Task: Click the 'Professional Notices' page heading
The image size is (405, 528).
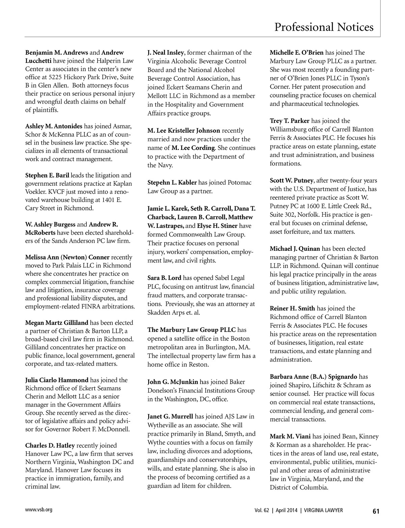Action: point(324,27)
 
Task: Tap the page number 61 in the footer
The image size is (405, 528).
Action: point(376,511)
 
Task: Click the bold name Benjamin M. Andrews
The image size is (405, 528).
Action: point(57,53)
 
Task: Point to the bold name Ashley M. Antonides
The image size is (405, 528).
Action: point(54,126)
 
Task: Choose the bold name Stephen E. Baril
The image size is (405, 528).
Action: point(47,176)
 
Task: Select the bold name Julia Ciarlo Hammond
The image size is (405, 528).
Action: point(57,380)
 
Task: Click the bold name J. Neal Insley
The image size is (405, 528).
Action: point(166,53)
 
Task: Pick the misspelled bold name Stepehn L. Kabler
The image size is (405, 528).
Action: point(172,183)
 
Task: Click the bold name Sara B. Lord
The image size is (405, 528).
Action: point(164,278)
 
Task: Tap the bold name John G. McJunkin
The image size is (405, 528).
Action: point(173,382)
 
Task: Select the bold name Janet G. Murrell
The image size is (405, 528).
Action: point(170,417)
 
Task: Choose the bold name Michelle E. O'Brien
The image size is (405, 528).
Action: point(297,53)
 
